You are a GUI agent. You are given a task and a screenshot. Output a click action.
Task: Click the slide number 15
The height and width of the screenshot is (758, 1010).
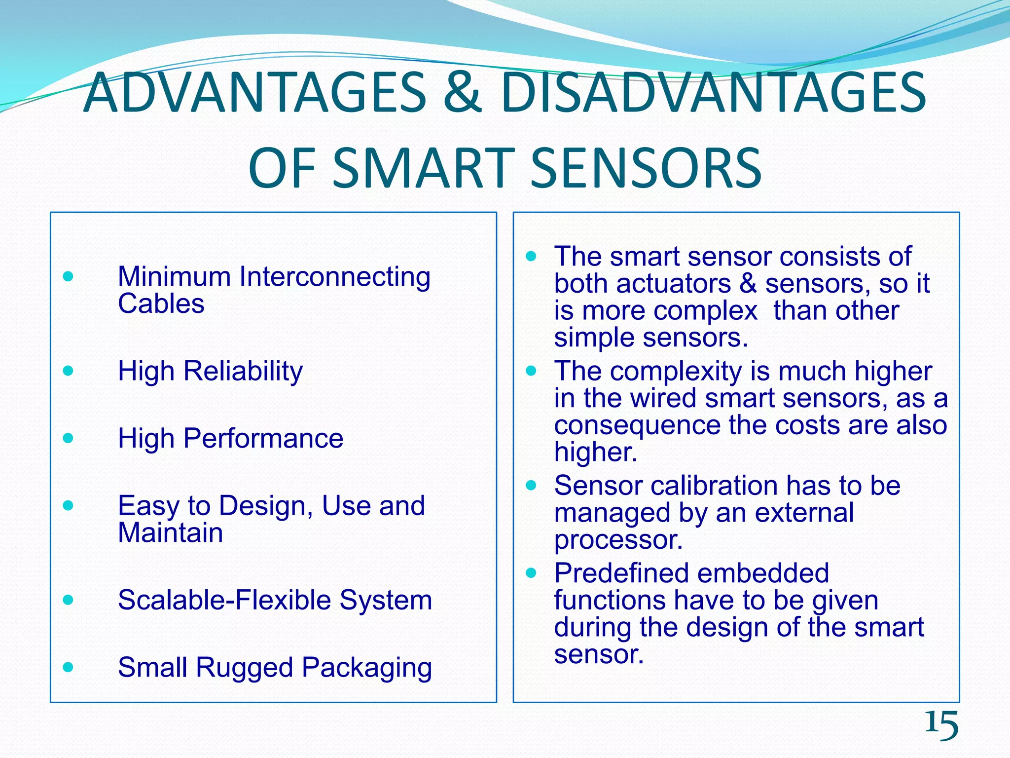pos(941,725)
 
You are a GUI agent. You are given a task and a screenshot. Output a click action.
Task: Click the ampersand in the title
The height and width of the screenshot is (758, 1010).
pos(462,93)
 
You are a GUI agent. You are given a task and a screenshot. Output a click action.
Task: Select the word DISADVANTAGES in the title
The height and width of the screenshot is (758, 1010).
pos(713,93)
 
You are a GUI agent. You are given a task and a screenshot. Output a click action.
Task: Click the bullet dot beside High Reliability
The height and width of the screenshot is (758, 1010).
pos(69,370)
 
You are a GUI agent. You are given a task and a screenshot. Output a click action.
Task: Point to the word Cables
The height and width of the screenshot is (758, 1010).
pos(161,303)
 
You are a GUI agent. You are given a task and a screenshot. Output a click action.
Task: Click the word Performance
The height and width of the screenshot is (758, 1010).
pos(263,438)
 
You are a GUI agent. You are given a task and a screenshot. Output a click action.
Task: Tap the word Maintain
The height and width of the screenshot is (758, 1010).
pos(170,533)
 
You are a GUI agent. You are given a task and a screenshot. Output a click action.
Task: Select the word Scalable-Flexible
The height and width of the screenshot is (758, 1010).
pos(224,600)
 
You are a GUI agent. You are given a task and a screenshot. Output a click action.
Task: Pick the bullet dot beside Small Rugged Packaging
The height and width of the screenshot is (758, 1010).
pos(69,668)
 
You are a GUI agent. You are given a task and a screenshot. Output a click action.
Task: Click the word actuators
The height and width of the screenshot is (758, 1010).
pos(673,284)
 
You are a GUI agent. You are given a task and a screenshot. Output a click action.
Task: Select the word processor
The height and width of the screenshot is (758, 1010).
pos(618,540)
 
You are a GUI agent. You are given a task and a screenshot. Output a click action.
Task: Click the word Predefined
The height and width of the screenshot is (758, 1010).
pos(621,573)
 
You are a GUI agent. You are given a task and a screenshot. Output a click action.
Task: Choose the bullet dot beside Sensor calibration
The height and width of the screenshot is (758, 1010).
pos(531,486)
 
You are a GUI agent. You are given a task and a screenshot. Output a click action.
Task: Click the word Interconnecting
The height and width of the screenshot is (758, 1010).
pos(335,276)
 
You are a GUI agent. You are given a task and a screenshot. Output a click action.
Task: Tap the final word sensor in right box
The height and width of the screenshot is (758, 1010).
pos(599,654)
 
